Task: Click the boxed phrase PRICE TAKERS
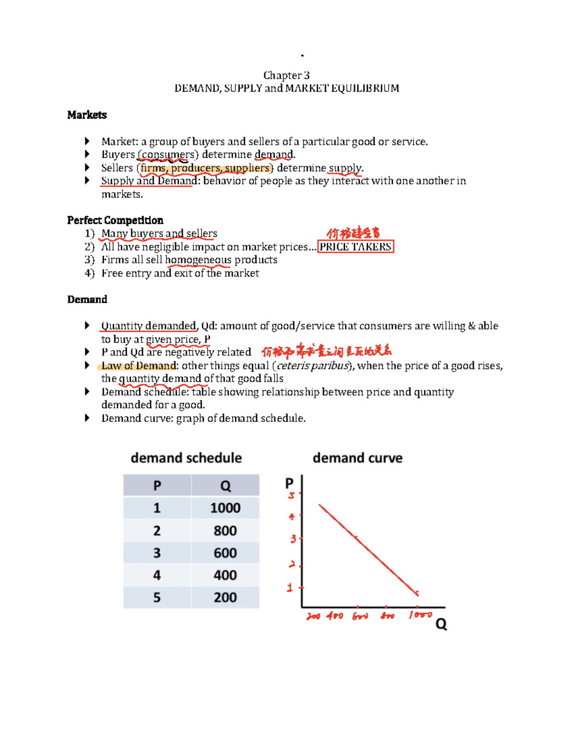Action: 355,247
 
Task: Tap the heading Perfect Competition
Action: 115,220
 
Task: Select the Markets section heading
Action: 87,115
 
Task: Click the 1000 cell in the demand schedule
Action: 225,508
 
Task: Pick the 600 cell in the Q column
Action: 225,553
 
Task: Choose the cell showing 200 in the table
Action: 225,597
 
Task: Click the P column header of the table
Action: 157,486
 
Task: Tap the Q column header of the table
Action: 225,486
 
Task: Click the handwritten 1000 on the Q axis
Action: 420,615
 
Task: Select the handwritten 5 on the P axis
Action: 291,495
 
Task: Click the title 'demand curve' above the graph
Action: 357,458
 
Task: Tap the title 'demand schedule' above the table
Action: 186,458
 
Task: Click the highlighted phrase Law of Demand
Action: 138,366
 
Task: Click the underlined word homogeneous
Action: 198,260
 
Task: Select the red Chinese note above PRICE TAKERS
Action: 353,233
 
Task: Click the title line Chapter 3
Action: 286,76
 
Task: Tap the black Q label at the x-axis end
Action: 441,624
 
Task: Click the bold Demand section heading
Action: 87,299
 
